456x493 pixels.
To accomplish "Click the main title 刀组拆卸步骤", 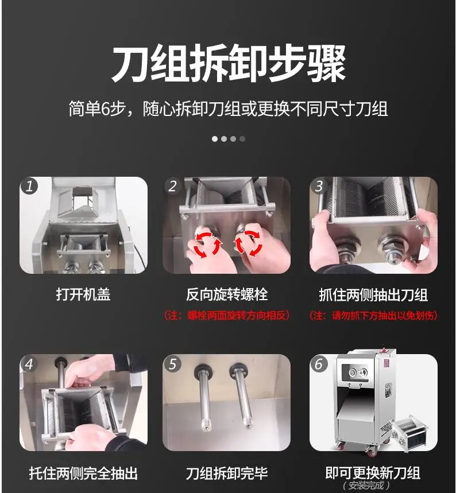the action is point(229,63).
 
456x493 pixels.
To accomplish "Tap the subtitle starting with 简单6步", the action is point(228,109).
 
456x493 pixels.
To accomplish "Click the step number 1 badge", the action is point(29,186).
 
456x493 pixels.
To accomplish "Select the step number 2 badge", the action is point(172,186).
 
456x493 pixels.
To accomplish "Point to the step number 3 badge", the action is point(319,186).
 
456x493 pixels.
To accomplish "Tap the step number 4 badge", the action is point(29,364).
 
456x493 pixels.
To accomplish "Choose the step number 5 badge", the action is point(172,364).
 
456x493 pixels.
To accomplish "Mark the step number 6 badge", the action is point(319,364).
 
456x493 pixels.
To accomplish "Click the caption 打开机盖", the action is point(83,294).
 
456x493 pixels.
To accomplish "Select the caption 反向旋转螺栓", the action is point(227,294).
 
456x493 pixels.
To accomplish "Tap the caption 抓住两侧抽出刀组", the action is point(373,295).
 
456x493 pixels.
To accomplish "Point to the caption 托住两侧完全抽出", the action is point(83,473).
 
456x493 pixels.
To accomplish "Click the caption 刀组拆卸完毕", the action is point(227,473).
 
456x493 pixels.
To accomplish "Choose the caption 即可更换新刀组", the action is point(373,472).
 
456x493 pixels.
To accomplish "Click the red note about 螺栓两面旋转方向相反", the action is point(227,315).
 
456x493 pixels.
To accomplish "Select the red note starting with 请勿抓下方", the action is point(373,315).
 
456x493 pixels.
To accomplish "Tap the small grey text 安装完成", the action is point(366,486).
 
